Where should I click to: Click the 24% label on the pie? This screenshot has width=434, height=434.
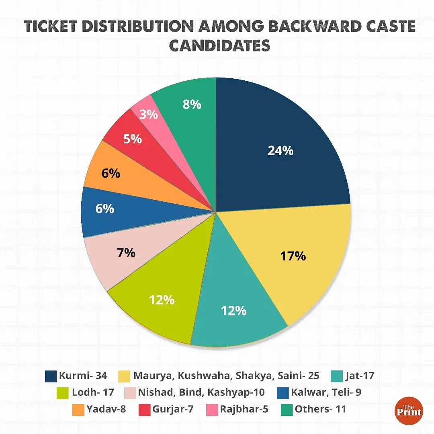(x=280, y=151)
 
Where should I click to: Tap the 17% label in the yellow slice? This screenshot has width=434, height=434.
(x=293, y=256)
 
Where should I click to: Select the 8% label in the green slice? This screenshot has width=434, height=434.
(x=192, y=104)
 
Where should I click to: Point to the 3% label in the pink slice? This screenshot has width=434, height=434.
(x=149, y=115)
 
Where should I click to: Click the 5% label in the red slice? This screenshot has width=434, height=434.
(x=133, y=139)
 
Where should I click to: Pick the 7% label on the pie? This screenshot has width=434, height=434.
(x=126, y=253)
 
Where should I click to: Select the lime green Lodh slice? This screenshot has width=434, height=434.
(x=161, y=305)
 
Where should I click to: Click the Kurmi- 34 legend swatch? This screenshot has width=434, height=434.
(x=51, y=376)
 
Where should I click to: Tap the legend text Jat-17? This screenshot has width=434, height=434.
(x=359, y=376)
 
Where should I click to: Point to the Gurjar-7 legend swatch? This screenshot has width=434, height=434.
(x=144, y=409)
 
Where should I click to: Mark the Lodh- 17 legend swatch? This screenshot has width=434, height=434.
(x=64, y=392)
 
